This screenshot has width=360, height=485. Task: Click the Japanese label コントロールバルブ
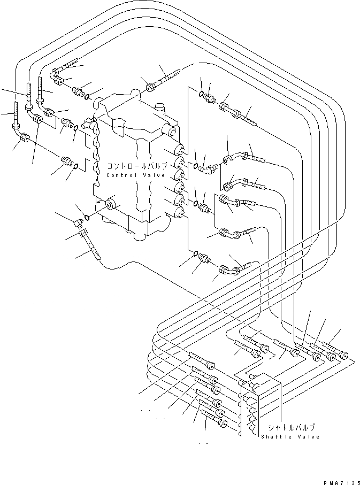[137, 166]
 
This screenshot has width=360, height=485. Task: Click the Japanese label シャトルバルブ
[290, 427]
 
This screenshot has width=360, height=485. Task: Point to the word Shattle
[275, 437]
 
